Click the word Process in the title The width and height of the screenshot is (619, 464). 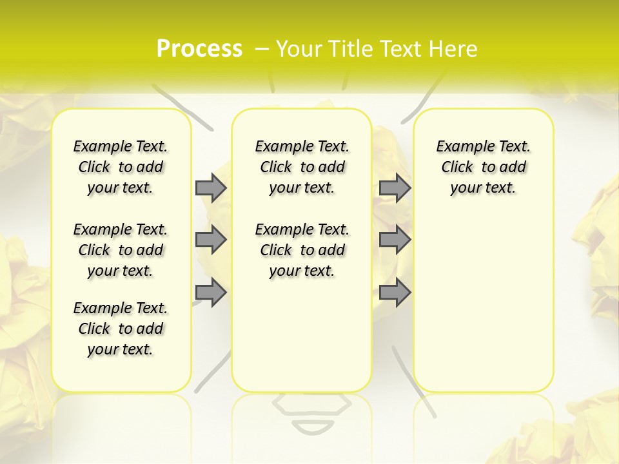[199, 48]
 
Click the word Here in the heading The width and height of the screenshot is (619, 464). [453, 49]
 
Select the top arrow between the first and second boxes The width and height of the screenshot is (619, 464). [211, 188]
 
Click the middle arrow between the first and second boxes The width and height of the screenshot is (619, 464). [211, 240]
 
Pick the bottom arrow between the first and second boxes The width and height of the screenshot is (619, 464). [211, 293]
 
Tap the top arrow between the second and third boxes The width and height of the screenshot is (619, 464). [395, 188]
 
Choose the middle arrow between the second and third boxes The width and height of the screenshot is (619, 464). [395, 240]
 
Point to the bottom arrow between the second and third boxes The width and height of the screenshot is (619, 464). [395, 293]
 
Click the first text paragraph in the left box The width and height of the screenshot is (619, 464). [121, 167]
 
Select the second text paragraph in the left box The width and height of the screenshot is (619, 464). [121, 250]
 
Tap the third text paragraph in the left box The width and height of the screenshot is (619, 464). [121, 329]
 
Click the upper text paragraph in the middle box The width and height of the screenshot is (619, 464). [302, 167]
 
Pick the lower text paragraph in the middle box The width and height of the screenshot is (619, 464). [302, 250]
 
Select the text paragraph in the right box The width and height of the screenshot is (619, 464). [484, 167]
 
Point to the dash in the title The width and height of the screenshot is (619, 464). [262, 48]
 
